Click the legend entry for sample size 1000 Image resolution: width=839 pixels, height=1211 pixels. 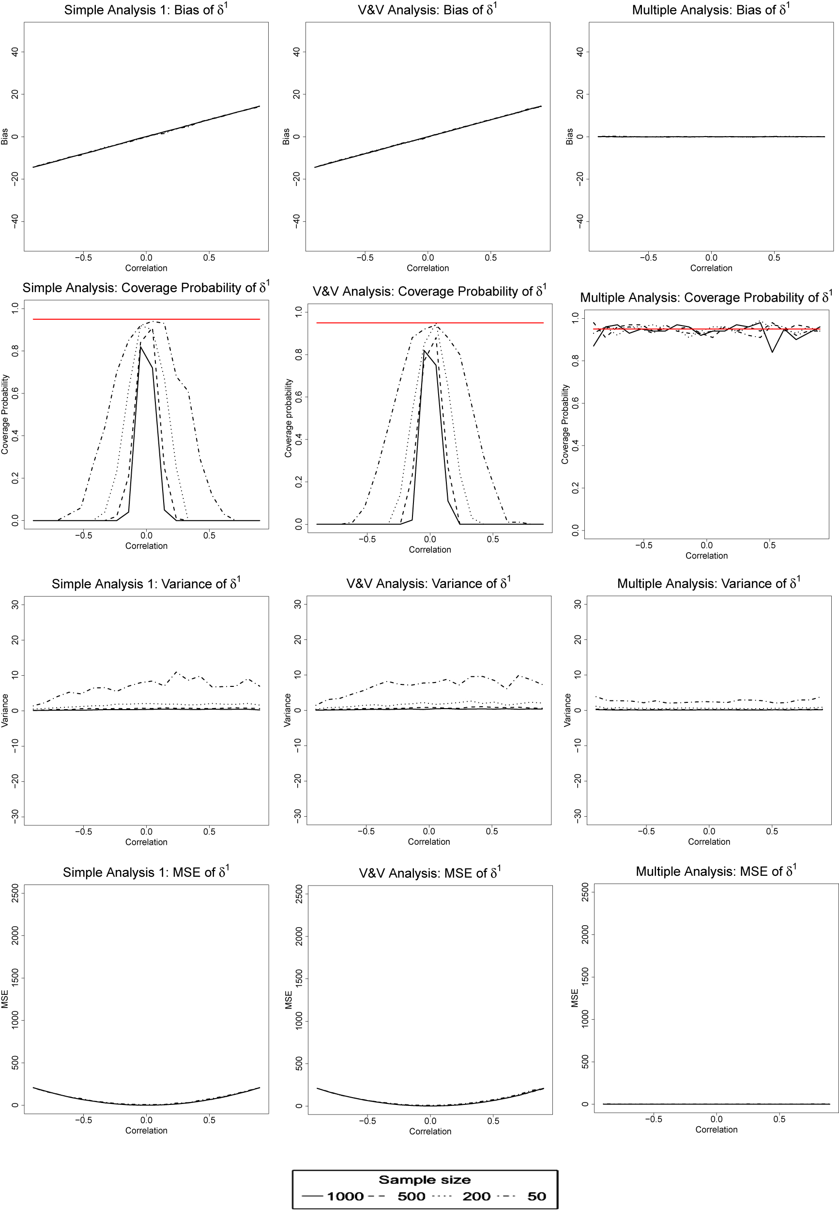(x=345, y=1196)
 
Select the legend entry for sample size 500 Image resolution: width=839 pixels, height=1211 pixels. (x=411, y=1196)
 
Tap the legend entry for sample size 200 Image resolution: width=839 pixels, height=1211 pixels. (x=476, y=1196)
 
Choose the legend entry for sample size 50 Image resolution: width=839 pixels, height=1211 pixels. (x=536, y=1196)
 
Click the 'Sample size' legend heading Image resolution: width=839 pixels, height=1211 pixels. (x=424, y=1180)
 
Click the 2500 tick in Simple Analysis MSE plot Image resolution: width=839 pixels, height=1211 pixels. (x=15, y=893)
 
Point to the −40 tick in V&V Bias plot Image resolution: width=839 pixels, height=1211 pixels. (x=297, y=221)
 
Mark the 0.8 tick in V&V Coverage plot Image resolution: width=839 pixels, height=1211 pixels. (x=299, y=355)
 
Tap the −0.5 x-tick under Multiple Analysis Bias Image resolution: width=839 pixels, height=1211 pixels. (x=648, y=258)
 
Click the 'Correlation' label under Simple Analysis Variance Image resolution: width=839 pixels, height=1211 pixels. (x=146, y=842)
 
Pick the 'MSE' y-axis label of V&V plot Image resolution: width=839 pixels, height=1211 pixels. (x=288, y=1000)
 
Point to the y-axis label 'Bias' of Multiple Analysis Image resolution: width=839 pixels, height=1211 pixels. (x=569, y=136)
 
